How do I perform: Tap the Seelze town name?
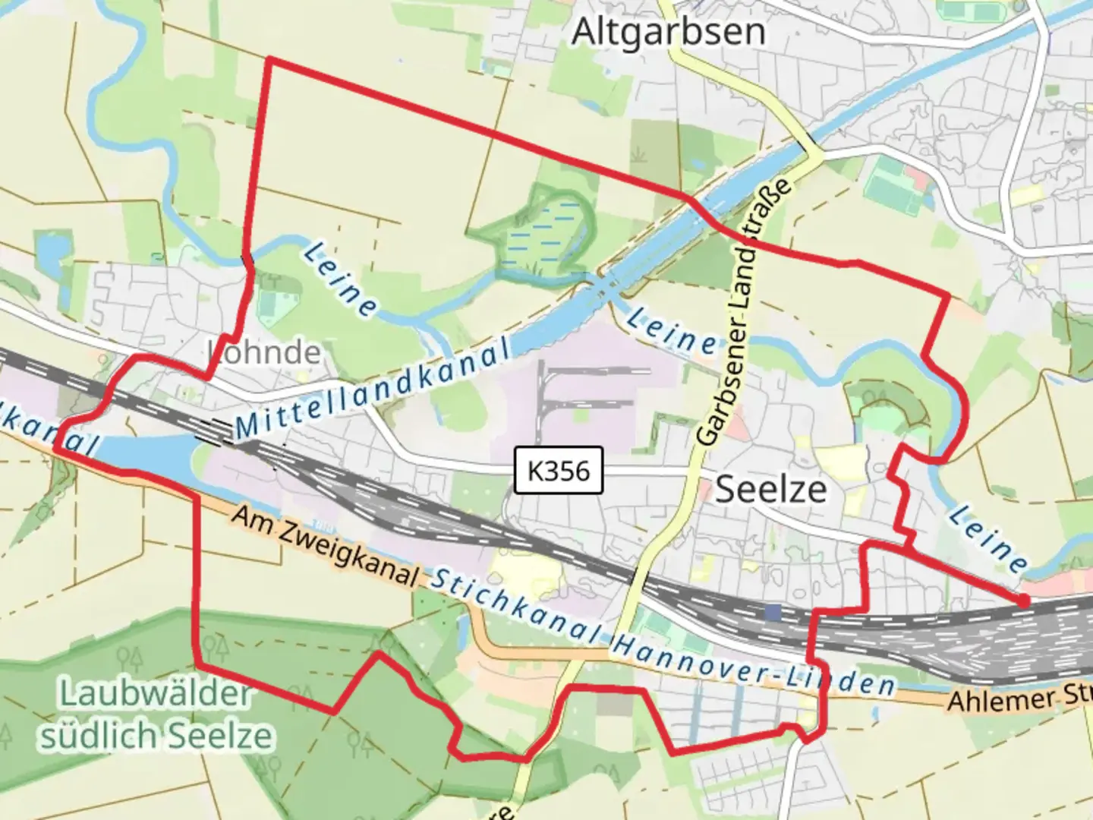tap(770, 489)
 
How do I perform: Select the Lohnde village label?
tap(264, 352)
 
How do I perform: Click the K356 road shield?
tap(558, 471)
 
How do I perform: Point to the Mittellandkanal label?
tap(372, 389)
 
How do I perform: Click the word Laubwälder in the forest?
tap(155, 694)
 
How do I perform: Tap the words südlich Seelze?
tap(156, 735)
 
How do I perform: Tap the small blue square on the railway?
tap(773, 612)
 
